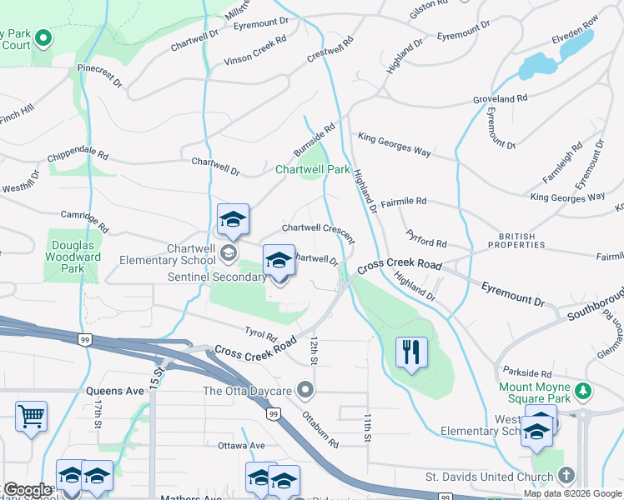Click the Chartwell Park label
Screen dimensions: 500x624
click(x=313, y=169)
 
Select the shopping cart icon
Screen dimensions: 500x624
click(x=31, y=415)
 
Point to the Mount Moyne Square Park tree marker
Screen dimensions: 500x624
click(x=585, y=390)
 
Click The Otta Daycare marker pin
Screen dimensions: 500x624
click(x=306, y=390)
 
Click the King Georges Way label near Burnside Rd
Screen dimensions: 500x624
click(x=395, y=143)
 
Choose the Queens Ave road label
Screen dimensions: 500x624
click(x=115, y=390)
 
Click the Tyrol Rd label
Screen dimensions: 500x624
click(x=260, y=334)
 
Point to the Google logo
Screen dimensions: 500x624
click(x=28, y=490)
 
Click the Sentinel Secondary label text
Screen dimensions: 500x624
click(x=216, y=277)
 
